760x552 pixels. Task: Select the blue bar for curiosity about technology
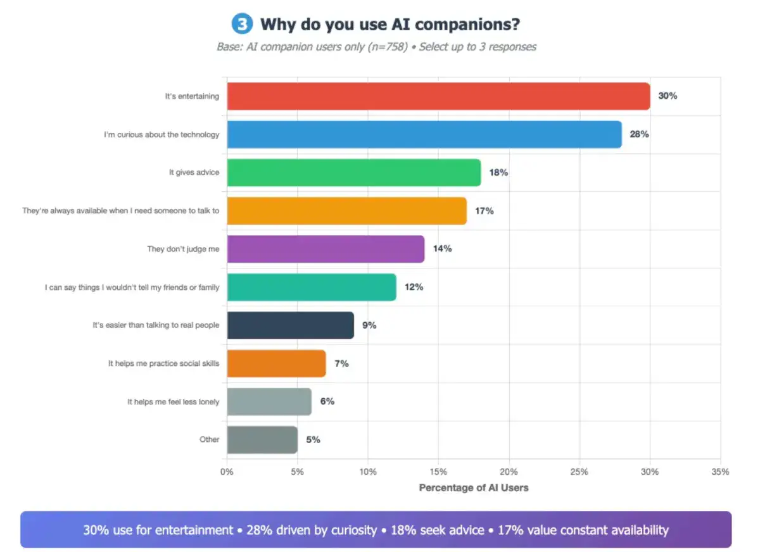coord(424,134)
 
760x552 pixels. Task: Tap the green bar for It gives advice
coord(353,172)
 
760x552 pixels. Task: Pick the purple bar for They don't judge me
coord(326,249)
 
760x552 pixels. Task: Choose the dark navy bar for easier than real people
coord(290,325)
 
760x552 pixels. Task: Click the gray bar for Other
coord(262,439)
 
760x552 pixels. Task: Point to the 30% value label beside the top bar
coord(668,96)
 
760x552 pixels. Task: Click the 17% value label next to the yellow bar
coord(484,211)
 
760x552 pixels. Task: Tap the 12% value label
coord(414,287)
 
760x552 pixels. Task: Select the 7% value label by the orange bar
coord(341,363)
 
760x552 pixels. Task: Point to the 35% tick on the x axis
coord(720,472)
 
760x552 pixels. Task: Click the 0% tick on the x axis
coord(227,472)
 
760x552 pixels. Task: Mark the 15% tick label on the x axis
coord(438,472)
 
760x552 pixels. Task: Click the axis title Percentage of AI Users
coord(474,488)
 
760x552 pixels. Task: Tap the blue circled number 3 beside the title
coord(241,24)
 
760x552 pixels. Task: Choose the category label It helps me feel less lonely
coord(173,401)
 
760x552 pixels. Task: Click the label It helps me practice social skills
coord(163,363)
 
